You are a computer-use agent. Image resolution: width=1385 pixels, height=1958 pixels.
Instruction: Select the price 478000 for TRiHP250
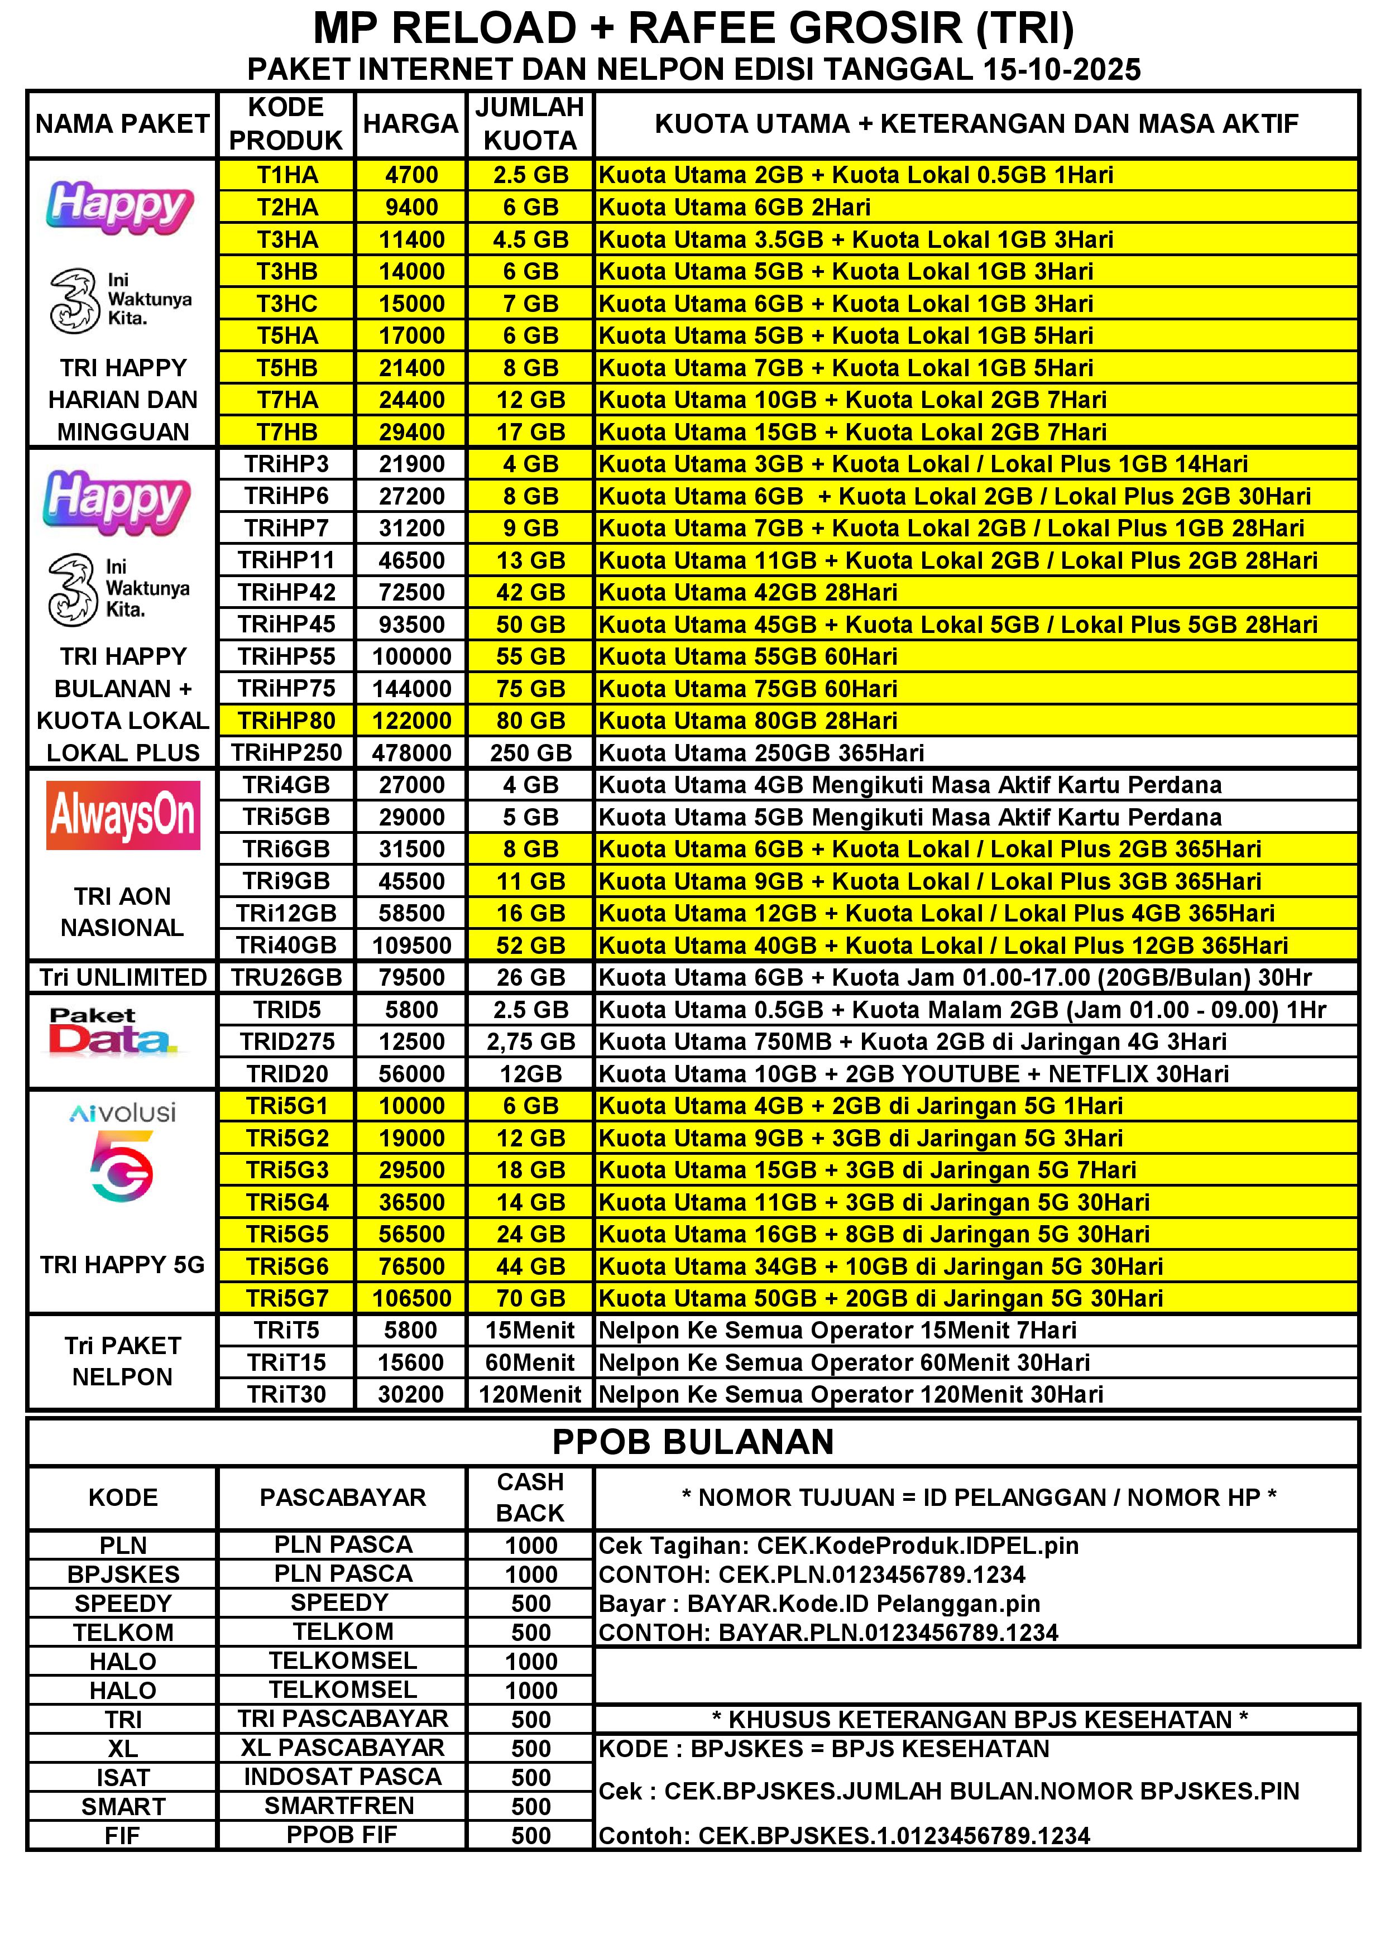(411, 753)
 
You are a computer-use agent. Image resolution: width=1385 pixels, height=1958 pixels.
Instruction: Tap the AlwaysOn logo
(123, 816)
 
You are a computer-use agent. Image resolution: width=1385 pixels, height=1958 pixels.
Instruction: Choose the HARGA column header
(411, 124)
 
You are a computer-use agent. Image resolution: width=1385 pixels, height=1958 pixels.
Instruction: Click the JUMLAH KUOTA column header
(530, 124)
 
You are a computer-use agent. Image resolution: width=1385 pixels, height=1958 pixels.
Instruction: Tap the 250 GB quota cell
(530, 753)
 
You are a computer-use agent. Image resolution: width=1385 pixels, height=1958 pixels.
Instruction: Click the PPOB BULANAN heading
(692, 1442)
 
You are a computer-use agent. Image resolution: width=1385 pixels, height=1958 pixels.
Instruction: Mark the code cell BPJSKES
(123, 1574)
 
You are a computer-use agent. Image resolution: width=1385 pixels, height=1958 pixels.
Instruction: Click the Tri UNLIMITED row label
(123, 977)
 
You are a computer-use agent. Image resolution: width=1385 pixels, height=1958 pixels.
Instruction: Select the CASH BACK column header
(530, 1498)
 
